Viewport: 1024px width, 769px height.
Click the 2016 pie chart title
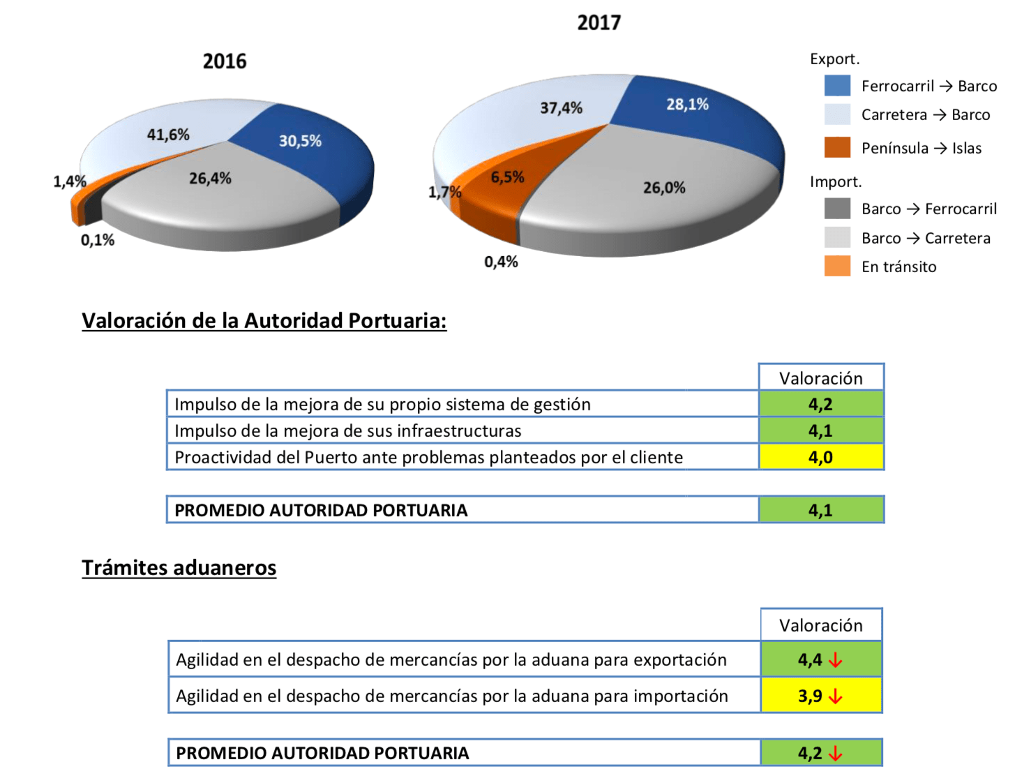coord(225,61)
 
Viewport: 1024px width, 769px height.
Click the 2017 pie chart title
coord(598,23)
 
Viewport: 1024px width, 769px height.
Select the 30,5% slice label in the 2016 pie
coord(300,141)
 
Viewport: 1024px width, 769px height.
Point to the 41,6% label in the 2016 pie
coord(168,135)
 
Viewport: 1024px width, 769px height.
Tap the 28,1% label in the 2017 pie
coord(687,105)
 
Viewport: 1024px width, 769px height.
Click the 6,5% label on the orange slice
coord(507,177)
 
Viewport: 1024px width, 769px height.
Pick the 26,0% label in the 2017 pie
coord(664,188)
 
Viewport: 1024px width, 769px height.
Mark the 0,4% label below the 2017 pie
coord(501,262)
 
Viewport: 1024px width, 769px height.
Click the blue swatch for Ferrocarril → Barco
coord(837,86)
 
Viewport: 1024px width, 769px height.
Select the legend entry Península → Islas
coord(921,148)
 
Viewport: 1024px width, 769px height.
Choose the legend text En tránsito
coord(898,267)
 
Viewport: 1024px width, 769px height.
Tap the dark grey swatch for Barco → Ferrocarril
coord(837,209)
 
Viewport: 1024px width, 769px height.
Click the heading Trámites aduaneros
coord(179,568)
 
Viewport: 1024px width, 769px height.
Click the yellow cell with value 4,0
coord(820,458)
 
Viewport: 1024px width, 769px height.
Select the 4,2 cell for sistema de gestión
coord(820,405)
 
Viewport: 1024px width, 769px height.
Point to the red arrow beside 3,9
coord(836,696)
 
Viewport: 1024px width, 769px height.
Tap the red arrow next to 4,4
coord(836,660)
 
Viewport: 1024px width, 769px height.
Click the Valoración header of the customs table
coord(820,625)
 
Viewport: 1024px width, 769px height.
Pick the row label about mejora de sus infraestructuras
coord(347,431)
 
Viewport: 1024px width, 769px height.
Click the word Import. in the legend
coord(836,182)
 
